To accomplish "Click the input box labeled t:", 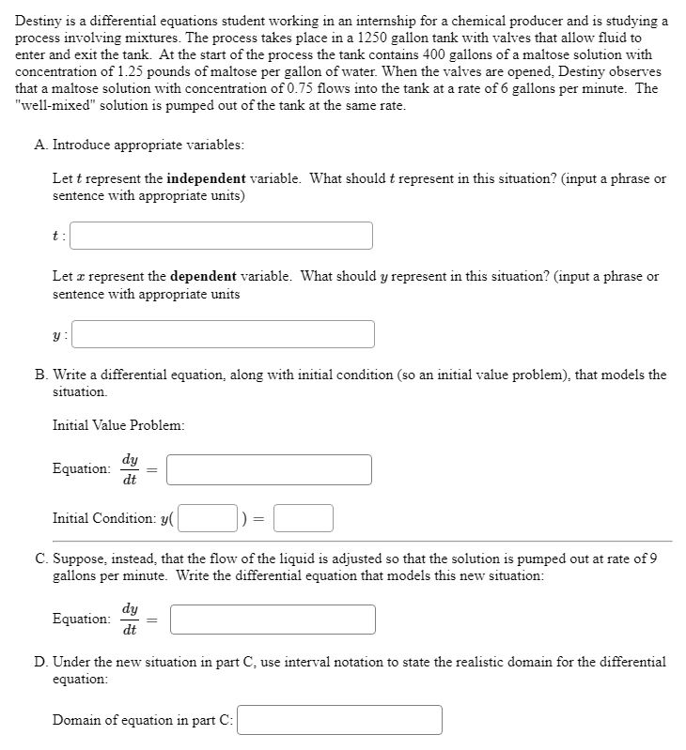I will coord(222,236).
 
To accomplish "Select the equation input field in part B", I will coord(270,469).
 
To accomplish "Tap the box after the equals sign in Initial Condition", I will coord(304,518).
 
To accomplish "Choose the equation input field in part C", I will coord(273,620).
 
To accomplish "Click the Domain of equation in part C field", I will coord(340,720).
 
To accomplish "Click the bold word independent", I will coord(207,178).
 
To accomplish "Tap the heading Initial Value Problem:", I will coord(118,424).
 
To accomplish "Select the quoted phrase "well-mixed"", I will coord(50,105).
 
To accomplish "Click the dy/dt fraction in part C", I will coord(129,619).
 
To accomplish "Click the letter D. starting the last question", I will coord(43,662).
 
